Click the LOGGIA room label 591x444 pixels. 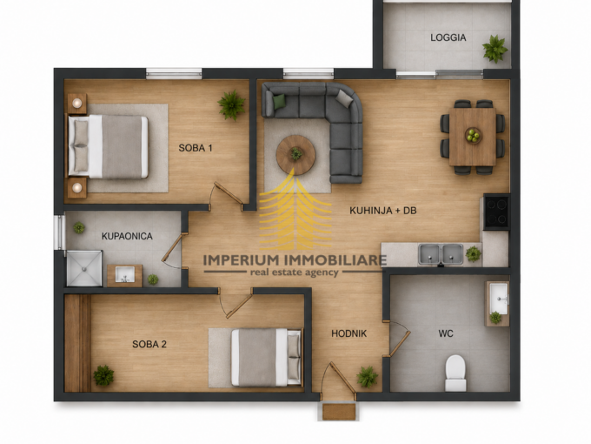(448, 37)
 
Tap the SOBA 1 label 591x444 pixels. (196, 148)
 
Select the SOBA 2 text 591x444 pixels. (149, 345)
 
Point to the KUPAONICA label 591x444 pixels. (127, 236)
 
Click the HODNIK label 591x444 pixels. (349, 333)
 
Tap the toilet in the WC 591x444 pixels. (455, 373)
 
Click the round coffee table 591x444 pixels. (295, 155)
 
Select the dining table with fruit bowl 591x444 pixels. (473, 137)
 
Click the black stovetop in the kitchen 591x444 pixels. (496, 212)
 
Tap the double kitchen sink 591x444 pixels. (441, 254)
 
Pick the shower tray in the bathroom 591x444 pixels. (84, 268)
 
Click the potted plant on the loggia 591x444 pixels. (495, 49)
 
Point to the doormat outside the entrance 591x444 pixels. (339, 412)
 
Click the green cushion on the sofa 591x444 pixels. (279, 102)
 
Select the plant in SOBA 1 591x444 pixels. (231, 105)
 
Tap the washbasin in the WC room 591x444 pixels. (497, 298)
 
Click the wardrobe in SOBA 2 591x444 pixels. (77, 343)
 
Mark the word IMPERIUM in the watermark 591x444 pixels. (241, 259)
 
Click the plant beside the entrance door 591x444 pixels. (367, 377)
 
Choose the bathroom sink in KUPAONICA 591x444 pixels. (125, 275)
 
